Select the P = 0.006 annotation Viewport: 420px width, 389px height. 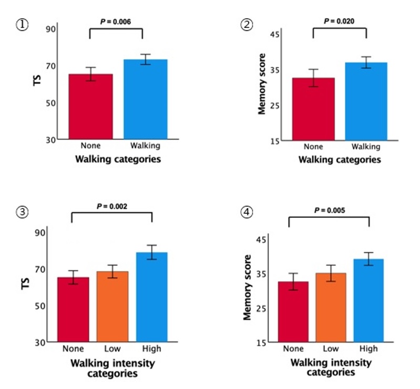click(116, 22)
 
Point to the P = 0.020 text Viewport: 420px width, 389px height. click(339, 21)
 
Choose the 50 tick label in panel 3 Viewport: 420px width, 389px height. click(41, 306)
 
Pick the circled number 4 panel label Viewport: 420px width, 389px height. click(246, 213)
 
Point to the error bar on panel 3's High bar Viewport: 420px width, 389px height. click(152, 252)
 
